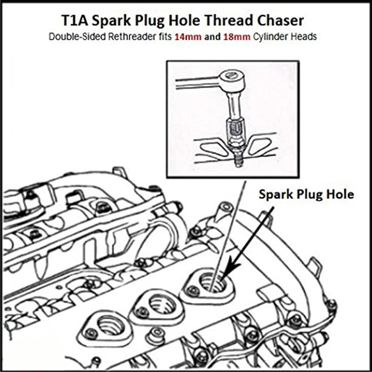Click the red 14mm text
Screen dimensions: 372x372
[188, 37]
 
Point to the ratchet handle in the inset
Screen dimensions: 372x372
[195, 83]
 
